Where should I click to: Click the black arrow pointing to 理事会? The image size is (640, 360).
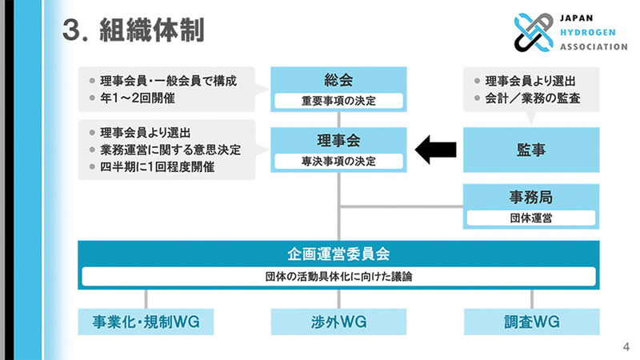(436, 149)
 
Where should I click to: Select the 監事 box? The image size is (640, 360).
(530, 150)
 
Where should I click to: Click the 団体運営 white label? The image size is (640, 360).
(530, 217)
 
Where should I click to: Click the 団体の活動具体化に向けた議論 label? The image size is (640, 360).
(338, 277)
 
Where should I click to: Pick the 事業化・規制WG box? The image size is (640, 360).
(144, 322)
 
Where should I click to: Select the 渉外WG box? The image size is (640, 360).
(338, 322)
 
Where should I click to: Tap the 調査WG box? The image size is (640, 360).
(530, 322)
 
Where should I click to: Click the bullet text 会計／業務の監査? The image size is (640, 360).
(532, 98)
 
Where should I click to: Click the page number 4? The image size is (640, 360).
(626, 346)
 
